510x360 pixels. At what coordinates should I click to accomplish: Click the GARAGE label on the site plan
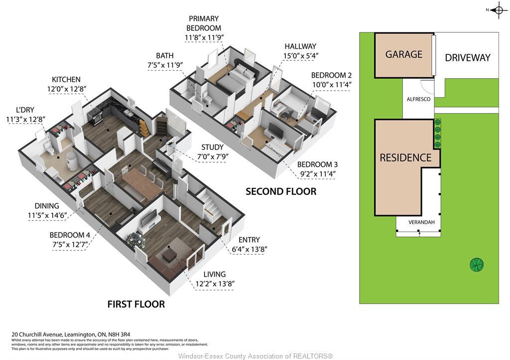coord(403,54)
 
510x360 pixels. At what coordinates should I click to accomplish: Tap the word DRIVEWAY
coord(467,58)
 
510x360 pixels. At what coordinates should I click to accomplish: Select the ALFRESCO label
coord(418,100)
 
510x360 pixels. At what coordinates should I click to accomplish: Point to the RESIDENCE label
coord(405,158)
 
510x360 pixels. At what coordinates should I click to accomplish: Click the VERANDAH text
coord(418,222)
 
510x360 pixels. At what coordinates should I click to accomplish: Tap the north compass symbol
coord(498,10)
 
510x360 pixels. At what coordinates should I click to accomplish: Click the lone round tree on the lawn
coord(477,264)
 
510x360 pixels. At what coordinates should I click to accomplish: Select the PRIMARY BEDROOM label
coord(203,23)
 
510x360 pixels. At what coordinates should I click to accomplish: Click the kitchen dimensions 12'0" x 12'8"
coord(66,89)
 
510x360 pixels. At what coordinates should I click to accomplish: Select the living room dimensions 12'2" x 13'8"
coord(215,284)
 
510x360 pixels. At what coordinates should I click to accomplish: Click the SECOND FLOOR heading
coord(281,192)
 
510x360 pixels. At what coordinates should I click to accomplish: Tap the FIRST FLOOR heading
coord(136,304)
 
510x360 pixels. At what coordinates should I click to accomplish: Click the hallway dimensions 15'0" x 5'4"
coord(300,56)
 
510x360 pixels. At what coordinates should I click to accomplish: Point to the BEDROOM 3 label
coord(317,165)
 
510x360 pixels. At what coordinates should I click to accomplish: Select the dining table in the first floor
coord(142,182)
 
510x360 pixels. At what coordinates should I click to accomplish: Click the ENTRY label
coord(249,240)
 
